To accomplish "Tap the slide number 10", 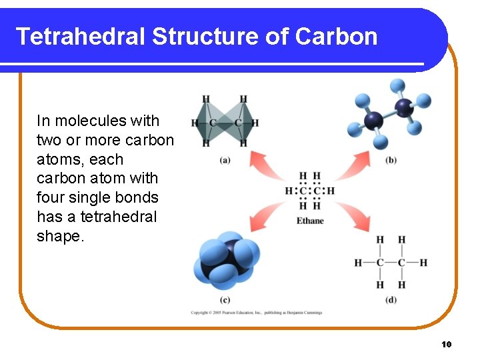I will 447,344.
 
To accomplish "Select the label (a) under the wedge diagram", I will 225,159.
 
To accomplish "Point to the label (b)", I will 391,160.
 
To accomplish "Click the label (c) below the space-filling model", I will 225,299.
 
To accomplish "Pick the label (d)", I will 391,299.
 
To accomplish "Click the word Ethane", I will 310,221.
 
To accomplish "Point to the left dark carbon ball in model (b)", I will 373,121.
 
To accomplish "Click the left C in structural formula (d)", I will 380,263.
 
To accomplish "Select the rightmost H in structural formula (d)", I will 423,263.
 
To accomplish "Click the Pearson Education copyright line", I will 257,312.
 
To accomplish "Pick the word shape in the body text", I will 59,237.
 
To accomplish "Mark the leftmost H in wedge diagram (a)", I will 195,123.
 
